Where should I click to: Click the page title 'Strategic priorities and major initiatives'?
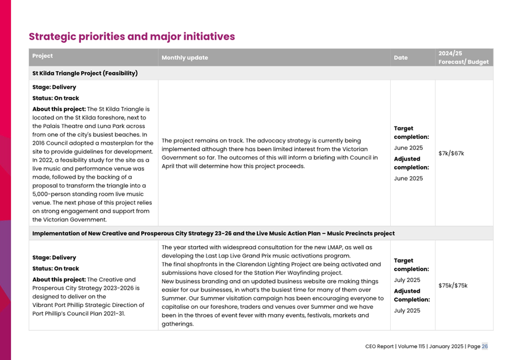point(132,37)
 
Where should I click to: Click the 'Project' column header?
point(43,56)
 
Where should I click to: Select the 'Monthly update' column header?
point(184,58)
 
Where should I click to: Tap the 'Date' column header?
point(401,58)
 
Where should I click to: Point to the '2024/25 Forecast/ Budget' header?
point(463,57)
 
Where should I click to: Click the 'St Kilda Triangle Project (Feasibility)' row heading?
point(85,73)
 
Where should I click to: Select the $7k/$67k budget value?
point(451,153)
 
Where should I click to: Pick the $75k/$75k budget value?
point(453,285)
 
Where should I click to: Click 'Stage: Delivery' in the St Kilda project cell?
point(54,87)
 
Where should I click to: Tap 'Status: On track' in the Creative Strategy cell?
point(55,268)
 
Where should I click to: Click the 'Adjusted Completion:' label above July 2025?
point(411,295)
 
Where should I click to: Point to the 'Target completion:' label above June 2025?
point(411,133)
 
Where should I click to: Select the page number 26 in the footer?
point(485,346)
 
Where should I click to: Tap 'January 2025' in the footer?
point(445,346)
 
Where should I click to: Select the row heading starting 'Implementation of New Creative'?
point(213,234)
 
